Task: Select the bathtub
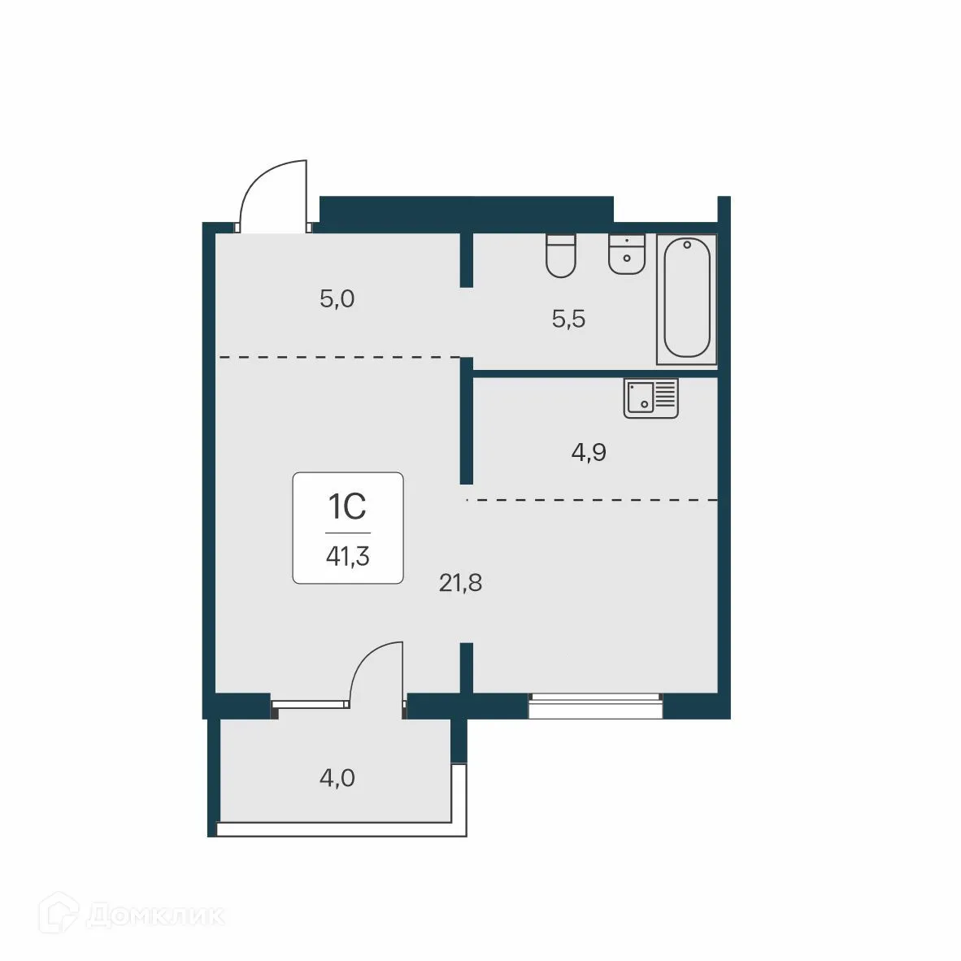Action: (x=687, y=298)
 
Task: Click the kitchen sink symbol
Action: (x=650, y=398)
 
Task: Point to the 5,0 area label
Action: (x=337, y=299)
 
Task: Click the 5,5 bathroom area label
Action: (x=568, y=319)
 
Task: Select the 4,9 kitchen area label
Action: (x=589, y=452)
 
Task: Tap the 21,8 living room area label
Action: (x=460, y=583)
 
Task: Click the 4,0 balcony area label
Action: (x=337, y=778)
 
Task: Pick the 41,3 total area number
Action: (x=348, y=556)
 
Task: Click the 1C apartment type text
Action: (x=347, y=507)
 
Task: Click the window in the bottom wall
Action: (x=595, y=706)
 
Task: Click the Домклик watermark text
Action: (x=154, y=915)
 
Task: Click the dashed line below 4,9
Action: (x=594, y=499)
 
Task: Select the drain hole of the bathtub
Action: (x=687, y=244)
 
